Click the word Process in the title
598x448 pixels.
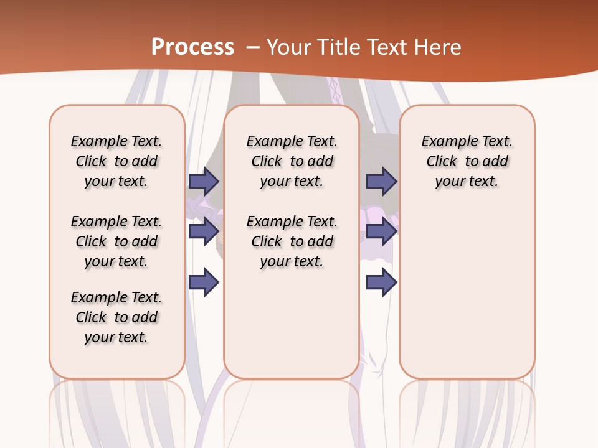[x=192, y=47]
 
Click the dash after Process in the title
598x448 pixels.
[x=252, y=48]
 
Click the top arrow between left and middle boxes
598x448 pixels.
[x=204, y=181]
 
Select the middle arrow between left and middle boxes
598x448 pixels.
[x=204, y=231]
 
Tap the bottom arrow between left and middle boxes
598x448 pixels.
[x=204, y=282]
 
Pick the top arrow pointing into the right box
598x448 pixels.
[x=381, y=181]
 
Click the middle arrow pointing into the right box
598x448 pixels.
[x=381, y=231]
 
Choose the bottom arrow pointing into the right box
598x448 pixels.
[x=381, y=282]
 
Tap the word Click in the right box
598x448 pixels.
[x=442, y=161]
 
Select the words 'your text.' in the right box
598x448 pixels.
[x=467, y=181]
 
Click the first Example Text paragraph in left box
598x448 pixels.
[x=116, y=161]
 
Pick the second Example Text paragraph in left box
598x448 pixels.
[x=116, y=241]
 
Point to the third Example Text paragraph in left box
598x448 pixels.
[x=116, y=317]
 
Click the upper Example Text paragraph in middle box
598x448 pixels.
[x=292, y=161]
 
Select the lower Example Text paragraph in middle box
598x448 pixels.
[x=292, y=241]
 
